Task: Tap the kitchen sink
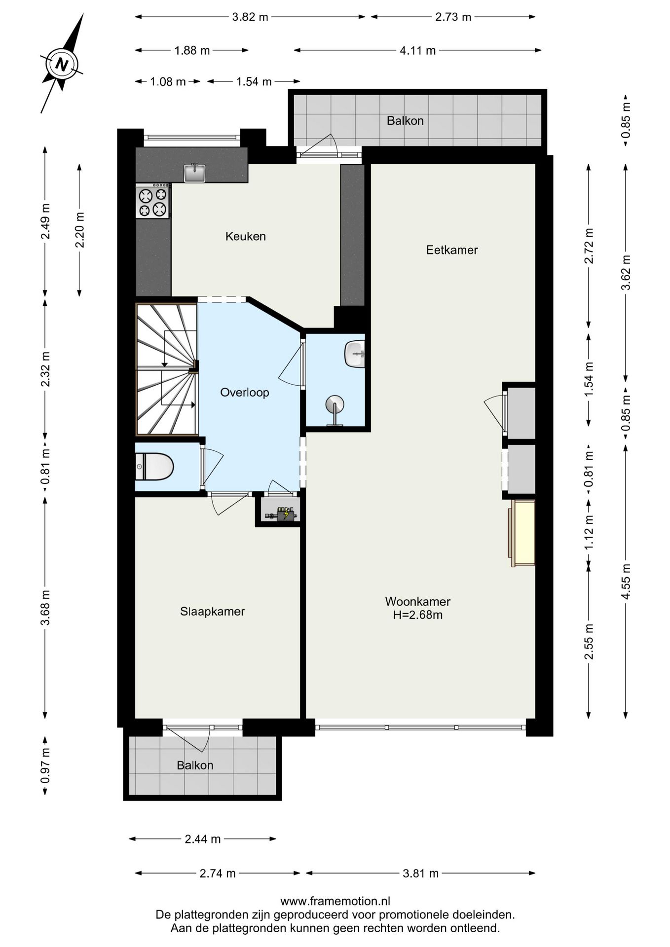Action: pos(194,173)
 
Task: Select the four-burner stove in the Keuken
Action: pos(153,201)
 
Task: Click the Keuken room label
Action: pos(246,236)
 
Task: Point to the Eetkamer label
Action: pos(452,250)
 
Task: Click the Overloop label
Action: pos(245,393)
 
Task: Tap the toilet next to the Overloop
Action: pos(154,467)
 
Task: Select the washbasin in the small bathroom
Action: pos(355,354)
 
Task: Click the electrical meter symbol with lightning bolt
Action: pos(283,514)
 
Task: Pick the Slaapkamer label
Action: pos(212,612)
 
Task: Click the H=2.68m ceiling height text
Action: pos(417,615)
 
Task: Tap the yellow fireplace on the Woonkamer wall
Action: pos(522,533)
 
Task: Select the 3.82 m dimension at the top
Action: pos(250,17)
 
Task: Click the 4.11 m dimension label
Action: pos(417,50)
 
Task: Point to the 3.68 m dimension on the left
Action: pos(45,607)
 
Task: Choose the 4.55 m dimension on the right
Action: pos(626,582)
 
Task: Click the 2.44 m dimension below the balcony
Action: pos(202,839)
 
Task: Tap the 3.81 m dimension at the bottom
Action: pos(420,874)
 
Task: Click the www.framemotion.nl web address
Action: pos(335,901)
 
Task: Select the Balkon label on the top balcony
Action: pos(405,121)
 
